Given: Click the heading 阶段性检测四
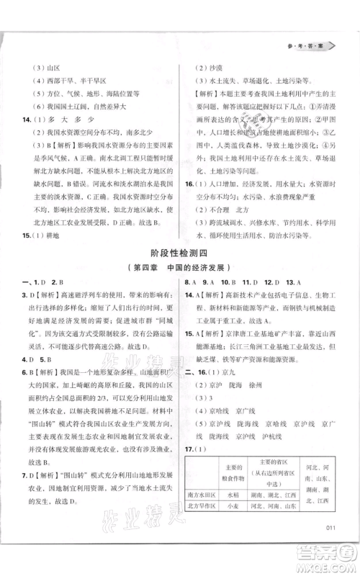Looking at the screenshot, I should click(180, 252).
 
